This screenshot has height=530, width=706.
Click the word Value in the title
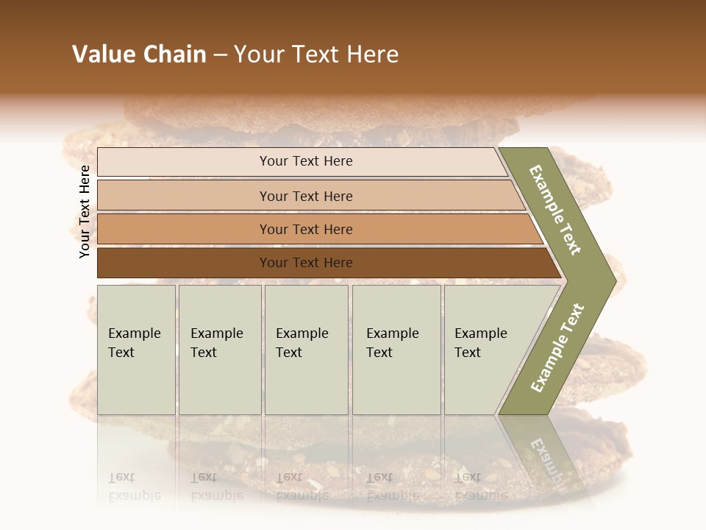click(101, 54)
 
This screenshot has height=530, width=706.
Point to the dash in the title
click(220, 55)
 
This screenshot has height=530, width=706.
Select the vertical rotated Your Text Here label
click(85, 211)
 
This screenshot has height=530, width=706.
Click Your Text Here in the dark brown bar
click(306, 263)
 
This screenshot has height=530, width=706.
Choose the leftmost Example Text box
click(136, 350)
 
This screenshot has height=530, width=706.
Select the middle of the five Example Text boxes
click(306, 350)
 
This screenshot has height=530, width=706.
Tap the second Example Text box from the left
click(220, 350)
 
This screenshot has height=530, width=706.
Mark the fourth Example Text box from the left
click(396, 350)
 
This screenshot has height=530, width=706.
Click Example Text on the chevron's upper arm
click(556, 211)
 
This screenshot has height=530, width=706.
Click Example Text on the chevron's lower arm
click(557, 348)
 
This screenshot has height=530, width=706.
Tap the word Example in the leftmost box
click(134, 333)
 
